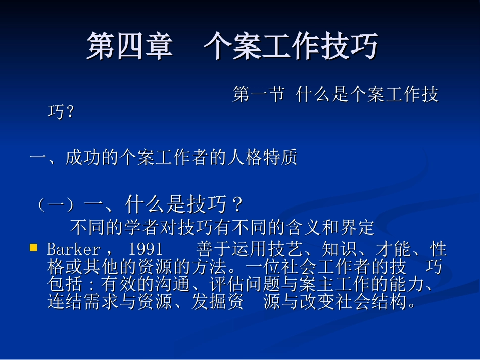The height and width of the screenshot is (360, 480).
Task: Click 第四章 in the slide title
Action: click(x=129, y=46)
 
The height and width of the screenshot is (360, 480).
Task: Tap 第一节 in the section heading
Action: click(x=258, y=95)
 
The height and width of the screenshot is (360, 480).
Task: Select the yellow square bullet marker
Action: click(x=34, y=247)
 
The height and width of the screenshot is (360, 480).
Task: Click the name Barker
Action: click(x=73, y=249)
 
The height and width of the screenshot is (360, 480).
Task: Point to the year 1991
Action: click(x=146, y=249)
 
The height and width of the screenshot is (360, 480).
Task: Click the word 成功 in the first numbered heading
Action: click(x=82, y=158)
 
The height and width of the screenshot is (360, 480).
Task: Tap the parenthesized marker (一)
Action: click(x=56, y=205)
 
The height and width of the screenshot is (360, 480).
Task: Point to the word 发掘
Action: click(x=209, y=302)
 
